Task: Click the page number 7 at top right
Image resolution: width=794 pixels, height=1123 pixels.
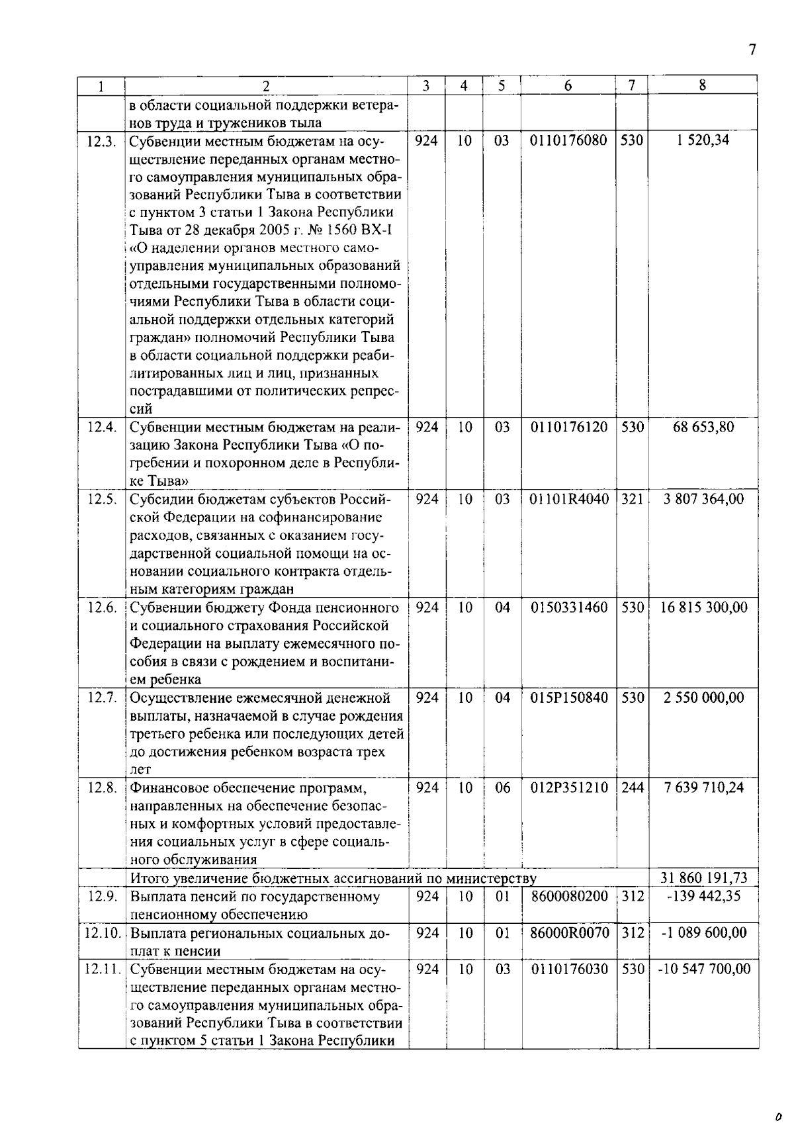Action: [x=752, y=50]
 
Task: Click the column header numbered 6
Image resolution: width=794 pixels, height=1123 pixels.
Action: [x=568, y=86]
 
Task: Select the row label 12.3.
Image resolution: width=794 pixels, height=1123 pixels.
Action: [x=101, y=141]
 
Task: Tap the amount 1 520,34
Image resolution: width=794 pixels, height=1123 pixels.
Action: [x=703, y=140]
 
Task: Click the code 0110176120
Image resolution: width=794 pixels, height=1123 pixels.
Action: [x=568, y=427]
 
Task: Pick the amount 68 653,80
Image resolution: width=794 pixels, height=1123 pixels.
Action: [x=703, y=427]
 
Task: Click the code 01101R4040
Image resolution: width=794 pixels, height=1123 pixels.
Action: [x=568, y=500]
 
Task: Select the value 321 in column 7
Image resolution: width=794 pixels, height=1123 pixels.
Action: [x=632, y=500]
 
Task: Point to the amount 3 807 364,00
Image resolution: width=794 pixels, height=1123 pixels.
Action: [x=703, y=500]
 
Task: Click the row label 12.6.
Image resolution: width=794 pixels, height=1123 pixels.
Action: [x=101, y=608]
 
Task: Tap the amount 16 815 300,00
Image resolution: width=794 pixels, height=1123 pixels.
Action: [x=703, y=608]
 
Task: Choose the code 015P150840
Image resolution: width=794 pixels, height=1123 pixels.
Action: [x=568, y=698]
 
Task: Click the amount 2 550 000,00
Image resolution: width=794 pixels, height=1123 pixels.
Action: [x=703, y=698]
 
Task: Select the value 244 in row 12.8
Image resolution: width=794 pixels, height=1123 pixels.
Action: [x=632, y=788]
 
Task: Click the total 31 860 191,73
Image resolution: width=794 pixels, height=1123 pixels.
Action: [x=703, y=879]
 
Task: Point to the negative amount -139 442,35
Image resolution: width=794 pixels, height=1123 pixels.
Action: [x=703, y=897]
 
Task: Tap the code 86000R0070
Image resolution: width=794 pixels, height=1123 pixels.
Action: [x=568, y=933]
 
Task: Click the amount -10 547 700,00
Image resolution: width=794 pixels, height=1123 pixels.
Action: [x=703, y=969]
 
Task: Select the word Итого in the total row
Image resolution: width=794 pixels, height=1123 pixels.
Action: [x=150, y=879]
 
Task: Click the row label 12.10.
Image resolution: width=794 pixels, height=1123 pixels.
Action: [x=103, y=933]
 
